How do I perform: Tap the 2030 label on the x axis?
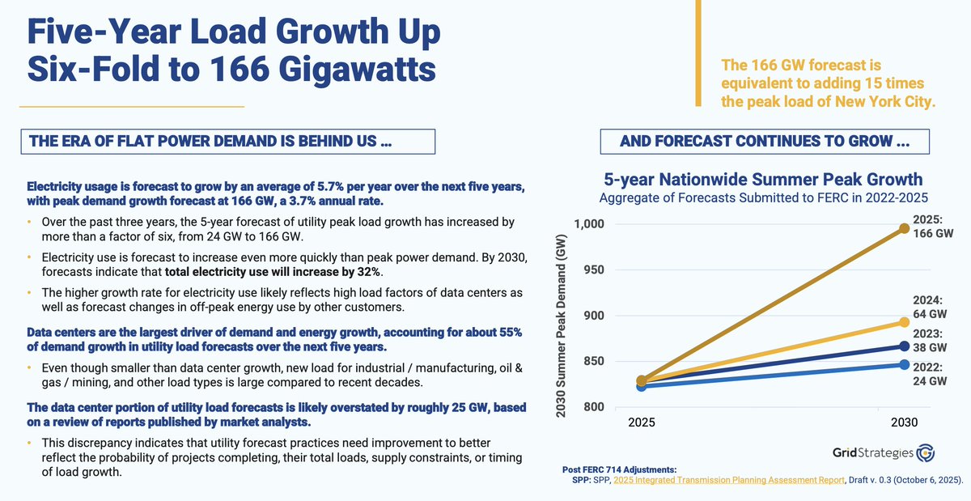pyautogui.click(x=904, y=422)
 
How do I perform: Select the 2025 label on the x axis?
pyautogui.click(x=641, y=422)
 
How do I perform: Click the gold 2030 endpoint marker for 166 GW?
pyautogui.click(x=903, y=229)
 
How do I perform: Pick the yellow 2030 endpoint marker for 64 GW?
pyautogui.click(x=903, y=322)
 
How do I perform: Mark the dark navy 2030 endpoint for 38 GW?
pyautogui.click(x=903, y=346)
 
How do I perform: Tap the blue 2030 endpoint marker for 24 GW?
pyautogui.click(x=903, y=365)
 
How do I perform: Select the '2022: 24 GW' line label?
pyautogui.click(x=928, y=374)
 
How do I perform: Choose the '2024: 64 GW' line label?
pyautogui.click(x=928, y=306)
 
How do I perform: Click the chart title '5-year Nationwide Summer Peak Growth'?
pyautogui.click(x=763, y=179)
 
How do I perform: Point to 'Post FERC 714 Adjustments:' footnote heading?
pyautogui.click(x=619, y=469)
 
